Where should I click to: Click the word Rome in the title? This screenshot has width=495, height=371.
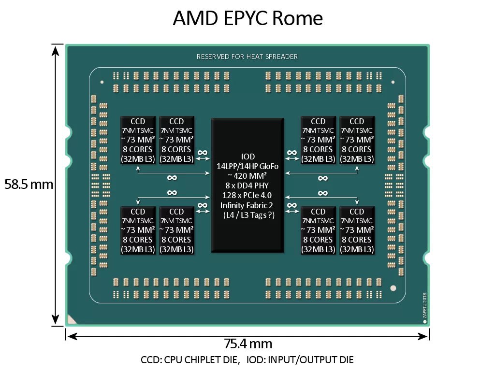[x=297, y=18]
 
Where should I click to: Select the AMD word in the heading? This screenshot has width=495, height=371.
[x=195, y=18]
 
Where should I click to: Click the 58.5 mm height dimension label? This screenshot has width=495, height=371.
[x=29, y=184]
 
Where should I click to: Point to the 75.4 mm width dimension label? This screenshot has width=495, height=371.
[x=248, y=343]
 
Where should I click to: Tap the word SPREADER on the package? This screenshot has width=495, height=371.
[x=282, y=57]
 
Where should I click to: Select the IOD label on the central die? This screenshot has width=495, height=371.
[x=248, y=157]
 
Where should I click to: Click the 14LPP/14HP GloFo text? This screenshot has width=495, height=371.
[x=247, y=166]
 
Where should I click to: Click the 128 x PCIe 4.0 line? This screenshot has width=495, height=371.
[x=247, y=195]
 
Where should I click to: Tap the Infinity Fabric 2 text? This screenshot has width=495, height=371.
[x=247, y=205]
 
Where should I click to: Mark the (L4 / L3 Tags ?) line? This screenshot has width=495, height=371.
[x=248, y=215]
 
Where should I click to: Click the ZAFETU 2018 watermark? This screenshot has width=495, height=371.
[x=425, y=305]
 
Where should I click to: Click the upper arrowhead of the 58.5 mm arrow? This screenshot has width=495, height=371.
[x=56, y=50]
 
